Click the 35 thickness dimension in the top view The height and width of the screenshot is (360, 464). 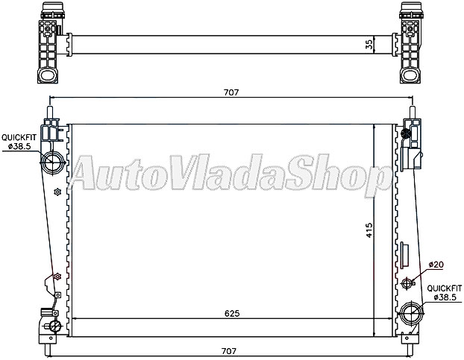click(369, 44)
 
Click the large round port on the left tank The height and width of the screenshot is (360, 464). click(53, 162)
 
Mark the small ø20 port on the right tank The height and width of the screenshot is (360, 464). click(407, 283)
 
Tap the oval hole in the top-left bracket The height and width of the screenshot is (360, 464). click(48, 76)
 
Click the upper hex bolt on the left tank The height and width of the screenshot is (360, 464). click(57, 193)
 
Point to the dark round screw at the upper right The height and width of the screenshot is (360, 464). click(406, 134)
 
